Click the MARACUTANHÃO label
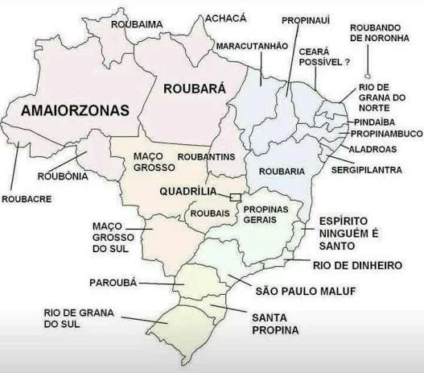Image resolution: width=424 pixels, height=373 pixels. [251, 47]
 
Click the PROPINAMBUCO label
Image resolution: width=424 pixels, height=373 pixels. [383, 135]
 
